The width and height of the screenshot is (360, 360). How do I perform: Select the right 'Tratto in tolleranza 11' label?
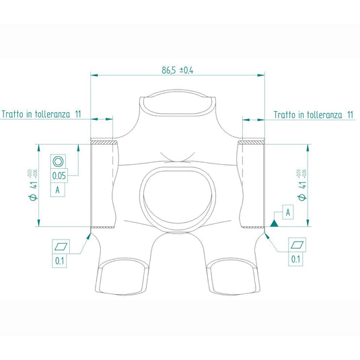tap(314, 115)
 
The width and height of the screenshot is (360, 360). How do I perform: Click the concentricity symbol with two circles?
tap(59, 161)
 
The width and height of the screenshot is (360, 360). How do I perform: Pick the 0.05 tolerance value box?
tap(59, 176)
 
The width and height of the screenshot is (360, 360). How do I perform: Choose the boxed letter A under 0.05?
tap(59, 190)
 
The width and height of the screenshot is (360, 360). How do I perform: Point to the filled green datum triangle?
tap(275, 221)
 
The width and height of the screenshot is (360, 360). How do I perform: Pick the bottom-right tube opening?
tap(233, 277)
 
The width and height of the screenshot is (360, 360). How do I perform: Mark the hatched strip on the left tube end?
tap(104, 143)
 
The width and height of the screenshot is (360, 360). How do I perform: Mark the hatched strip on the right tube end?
tap(252, 143)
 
